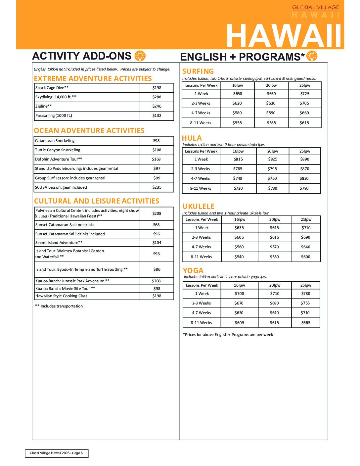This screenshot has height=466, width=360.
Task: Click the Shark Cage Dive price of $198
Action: coord(157,88)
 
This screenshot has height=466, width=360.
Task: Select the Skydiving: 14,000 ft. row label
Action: coord(56,97)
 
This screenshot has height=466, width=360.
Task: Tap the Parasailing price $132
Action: coord(157,116)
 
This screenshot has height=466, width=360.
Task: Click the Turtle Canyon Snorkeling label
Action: coord(58,150)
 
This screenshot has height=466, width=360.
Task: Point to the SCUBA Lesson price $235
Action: coord(157,187)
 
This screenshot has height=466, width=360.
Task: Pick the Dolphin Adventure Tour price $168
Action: coord(156,159)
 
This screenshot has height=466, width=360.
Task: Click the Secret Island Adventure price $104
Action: coord(157,243)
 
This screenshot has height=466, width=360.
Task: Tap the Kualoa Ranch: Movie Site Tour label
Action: coord(65,289)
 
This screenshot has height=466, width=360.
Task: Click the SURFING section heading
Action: coord(198,71)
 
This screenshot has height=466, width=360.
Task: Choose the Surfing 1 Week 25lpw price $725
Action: coord(305,94)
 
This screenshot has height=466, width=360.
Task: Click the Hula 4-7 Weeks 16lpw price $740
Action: coord(238,178)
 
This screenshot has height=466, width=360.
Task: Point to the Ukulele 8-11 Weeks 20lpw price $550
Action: coord(274,257)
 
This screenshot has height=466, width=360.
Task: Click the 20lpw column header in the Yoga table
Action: coord(275,285)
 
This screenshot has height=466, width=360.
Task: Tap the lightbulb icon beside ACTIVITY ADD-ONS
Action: coord(140,56)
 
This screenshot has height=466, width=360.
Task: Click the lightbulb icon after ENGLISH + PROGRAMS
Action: coord(312,56)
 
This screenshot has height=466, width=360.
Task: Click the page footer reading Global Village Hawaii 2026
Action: coord(57,453)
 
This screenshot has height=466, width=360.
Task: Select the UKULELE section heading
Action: coord(198,206)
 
